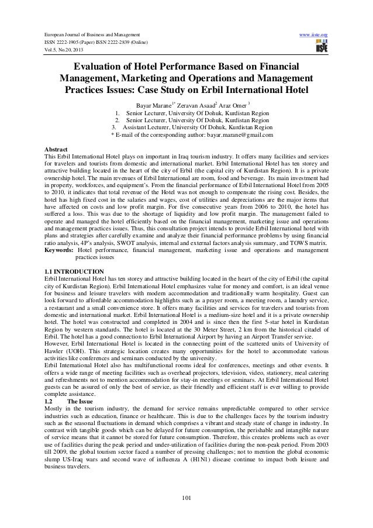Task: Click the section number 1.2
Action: [x=50, y=385]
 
